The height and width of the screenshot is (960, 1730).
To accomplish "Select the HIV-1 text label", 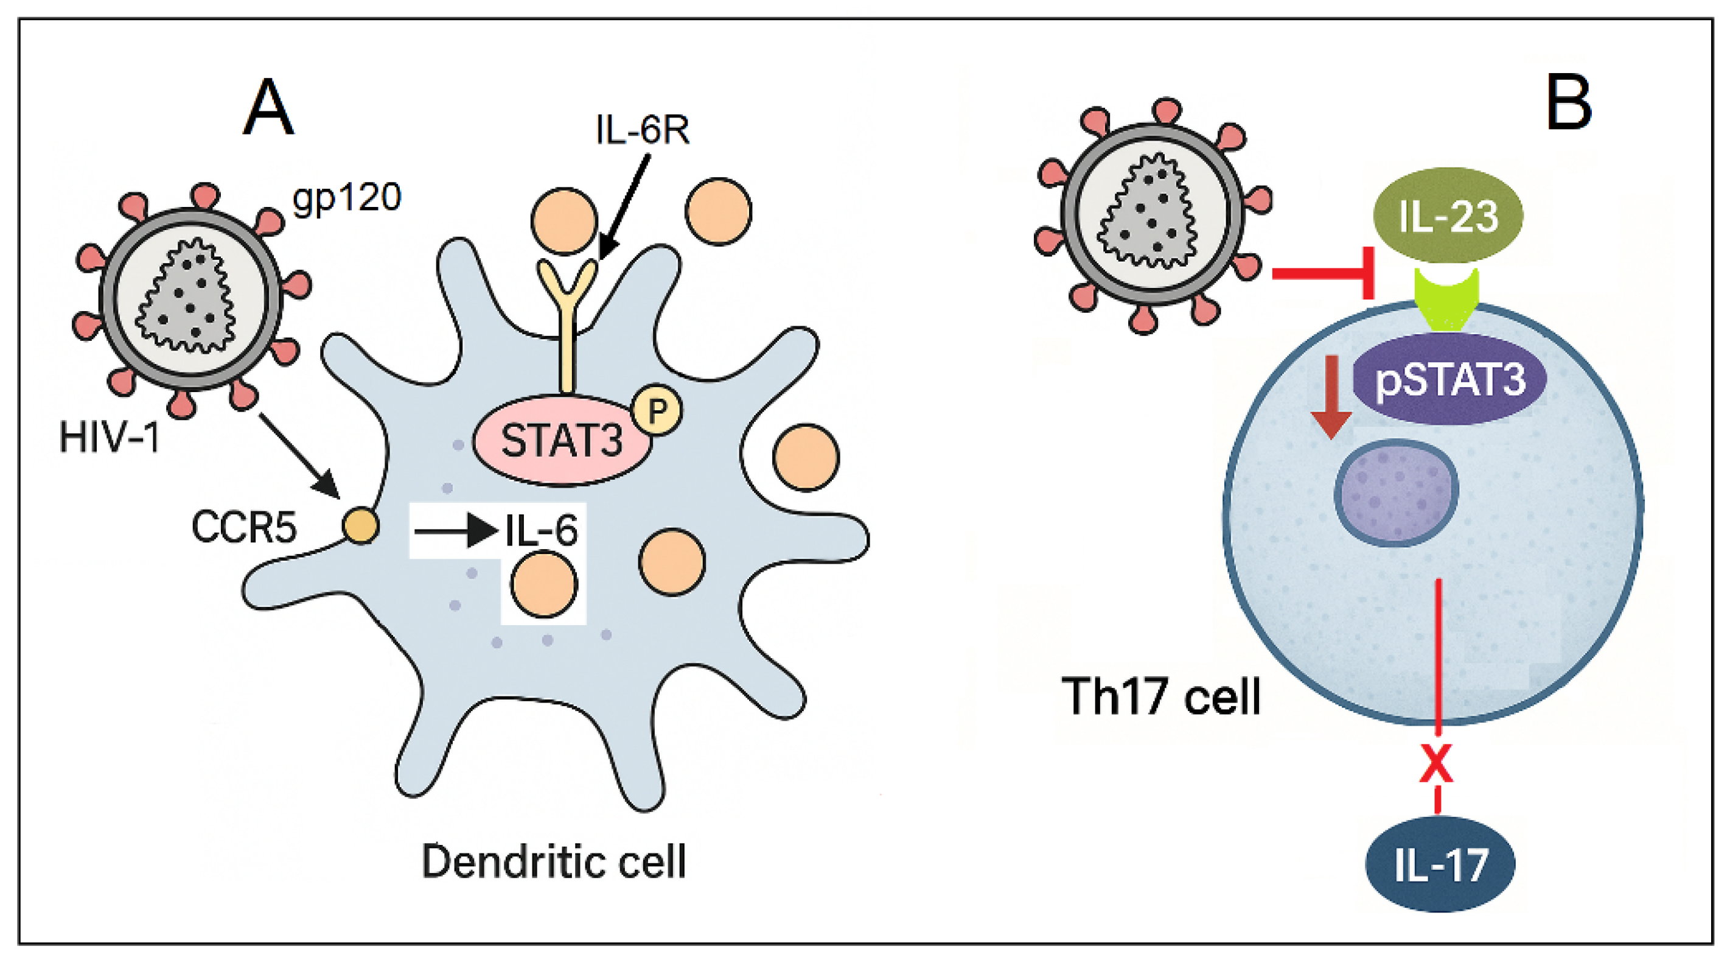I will [110, 437].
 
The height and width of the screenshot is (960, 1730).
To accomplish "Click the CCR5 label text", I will [244, 527].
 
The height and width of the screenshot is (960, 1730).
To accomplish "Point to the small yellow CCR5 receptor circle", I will [361, 526].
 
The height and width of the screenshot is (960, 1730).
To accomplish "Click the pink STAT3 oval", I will [562, 441].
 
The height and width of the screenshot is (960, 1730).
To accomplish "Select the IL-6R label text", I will [642, 130].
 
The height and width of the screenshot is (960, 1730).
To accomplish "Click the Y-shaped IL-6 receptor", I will [568, 316].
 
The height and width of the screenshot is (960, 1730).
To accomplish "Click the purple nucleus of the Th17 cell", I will [1395, 492].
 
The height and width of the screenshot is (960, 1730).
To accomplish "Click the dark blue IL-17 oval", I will [1440, 864].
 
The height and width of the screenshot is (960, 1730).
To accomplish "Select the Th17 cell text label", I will [1161, 696].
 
